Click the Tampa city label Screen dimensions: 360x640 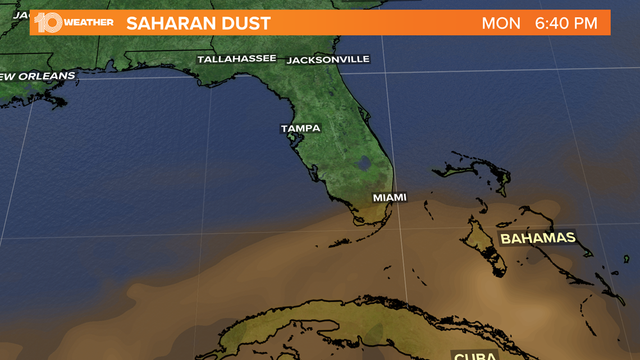pyautogui.click(x=300, y=129)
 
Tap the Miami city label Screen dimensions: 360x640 pyautogui.click(x=390, y=198)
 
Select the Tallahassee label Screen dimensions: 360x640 pyautogui.click(x=236, y=59)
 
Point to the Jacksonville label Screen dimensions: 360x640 pyautogui.click(x=328, y=60)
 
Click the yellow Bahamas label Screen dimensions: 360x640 pyautogui.click(x=538, y=238)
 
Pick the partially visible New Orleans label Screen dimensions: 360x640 pyautogui.click(x=37, y=76)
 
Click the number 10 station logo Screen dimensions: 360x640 pyautogui.click(x=48, y=22)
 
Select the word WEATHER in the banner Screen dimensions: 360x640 pyautogui.click(x=89, y=23)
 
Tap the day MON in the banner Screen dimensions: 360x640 pyautogui.click(x=501, y=24)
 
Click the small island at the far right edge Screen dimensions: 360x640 pyautogui.click(x=626, y=259)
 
